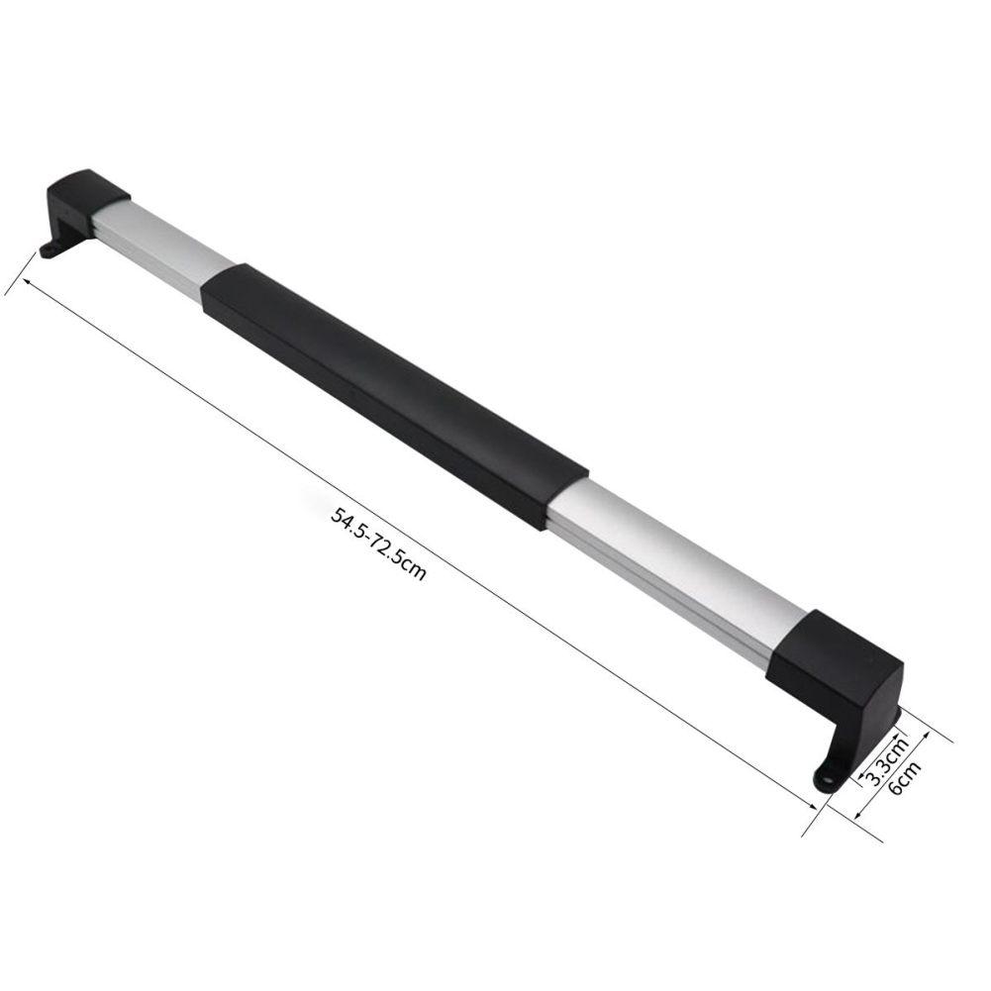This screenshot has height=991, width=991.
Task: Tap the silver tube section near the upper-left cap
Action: tap(163, 243)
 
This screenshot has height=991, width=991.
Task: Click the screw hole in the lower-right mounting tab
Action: tap(828, 779)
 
